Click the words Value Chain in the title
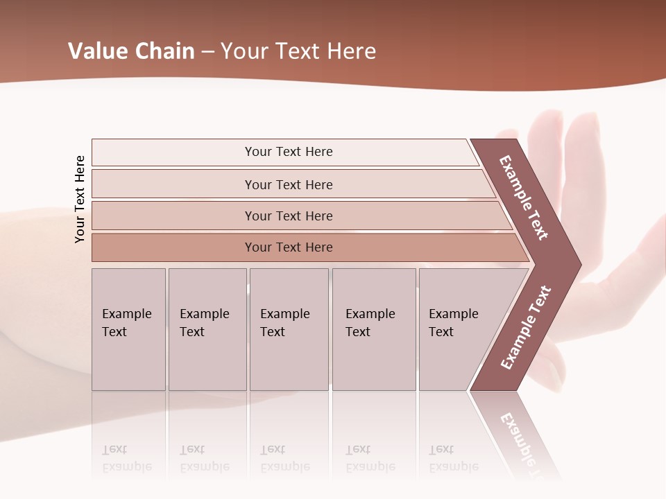131,51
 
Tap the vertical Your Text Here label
80,199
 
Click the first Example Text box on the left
128,329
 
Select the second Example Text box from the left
207,329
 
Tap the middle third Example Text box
289,329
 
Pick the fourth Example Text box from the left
374,329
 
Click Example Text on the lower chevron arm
526,328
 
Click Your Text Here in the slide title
298,51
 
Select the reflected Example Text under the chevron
524,444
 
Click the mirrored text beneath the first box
126,458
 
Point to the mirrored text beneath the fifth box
453,458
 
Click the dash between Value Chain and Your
207,51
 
